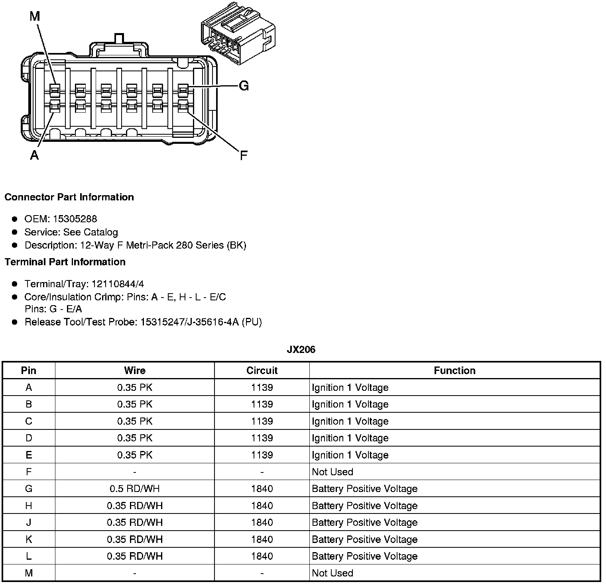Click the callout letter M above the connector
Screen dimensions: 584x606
pyautogui.click(x=35, y=16)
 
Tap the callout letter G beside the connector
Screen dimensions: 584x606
pyautogui.click(x=244, y=86)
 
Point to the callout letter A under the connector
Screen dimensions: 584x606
pyautogui.click(x=35, y=155)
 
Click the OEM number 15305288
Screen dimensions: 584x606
pyautogui.click(x=75, y=219)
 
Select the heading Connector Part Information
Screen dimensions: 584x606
pyautogui.click(x=69, y=197)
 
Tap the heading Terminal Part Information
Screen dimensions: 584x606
pyautogui.click(x=65, y=262)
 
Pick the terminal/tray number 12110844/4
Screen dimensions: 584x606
pyautogui.click(x=118, y=284)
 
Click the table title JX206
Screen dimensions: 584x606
pyautogui.click(x=301, y=349)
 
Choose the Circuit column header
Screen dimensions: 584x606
pyautogui.click(x=262, y=370)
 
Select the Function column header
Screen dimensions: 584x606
pyautogui.click(x=454, y=370)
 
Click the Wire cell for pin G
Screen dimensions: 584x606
pyautogui.click(x=135, y=489)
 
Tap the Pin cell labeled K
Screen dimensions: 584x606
pyautogui.click(x=29, y=539)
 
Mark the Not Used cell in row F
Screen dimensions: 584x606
pyautogui.click(x=333, y=472)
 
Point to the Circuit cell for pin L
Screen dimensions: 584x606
pyautogui.click(x=262, y=556)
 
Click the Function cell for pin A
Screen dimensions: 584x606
pyautogui.click(x=350, y=388)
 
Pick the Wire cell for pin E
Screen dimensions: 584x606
pyautogui.click(x=135, y=455)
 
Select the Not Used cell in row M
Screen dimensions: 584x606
pyautogui.click(x=333, y=573)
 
